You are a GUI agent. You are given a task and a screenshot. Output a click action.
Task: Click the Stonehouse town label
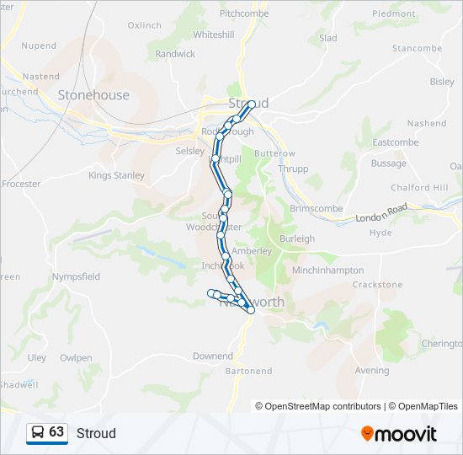93,95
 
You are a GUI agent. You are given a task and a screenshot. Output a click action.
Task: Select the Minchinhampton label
327,270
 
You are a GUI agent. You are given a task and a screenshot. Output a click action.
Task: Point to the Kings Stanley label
116,176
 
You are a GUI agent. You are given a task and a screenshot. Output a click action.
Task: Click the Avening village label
372,371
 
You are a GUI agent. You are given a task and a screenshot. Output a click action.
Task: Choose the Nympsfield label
76,276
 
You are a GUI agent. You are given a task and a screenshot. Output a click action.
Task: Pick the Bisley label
442,82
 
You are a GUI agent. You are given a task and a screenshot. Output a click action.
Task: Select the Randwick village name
175,54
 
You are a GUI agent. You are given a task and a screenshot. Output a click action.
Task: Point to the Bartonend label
248,371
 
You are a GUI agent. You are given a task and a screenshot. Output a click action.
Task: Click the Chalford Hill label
418,188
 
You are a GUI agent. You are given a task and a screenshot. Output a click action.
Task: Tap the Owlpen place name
76,358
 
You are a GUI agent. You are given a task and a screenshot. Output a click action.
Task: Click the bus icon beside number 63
38,433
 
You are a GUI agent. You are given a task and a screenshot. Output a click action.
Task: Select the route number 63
56,432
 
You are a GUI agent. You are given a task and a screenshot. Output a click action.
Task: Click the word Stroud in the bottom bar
96,433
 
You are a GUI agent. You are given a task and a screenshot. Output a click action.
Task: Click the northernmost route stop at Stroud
252,104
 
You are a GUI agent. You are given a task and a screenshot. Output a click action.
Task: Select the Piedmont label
393,14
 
